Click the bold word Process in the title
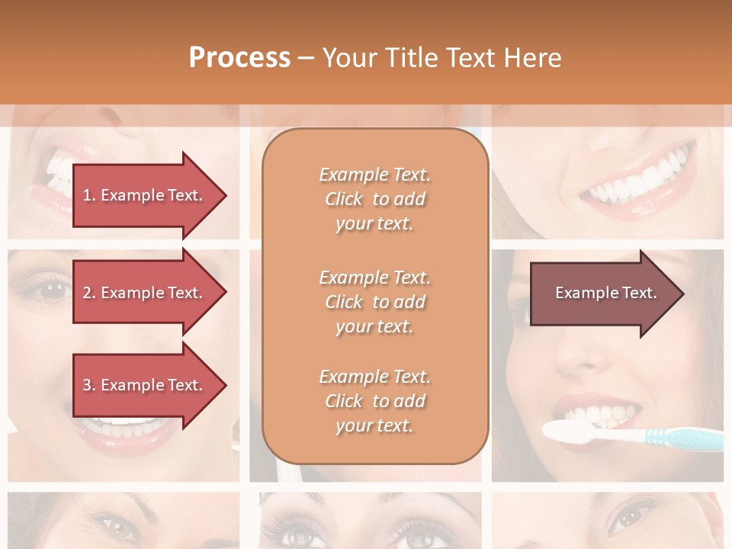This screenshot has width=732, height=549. [x=239, y=58]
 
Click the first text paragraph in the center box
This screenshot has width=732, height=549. [x=374, y=199]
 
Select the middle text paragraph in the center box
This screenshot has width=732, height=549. [x=374, y=301]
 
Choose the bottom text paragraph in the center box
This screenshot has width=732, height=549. [x=374, y=401]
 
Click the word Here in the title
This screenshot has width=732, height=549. [x=533, y=58]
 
